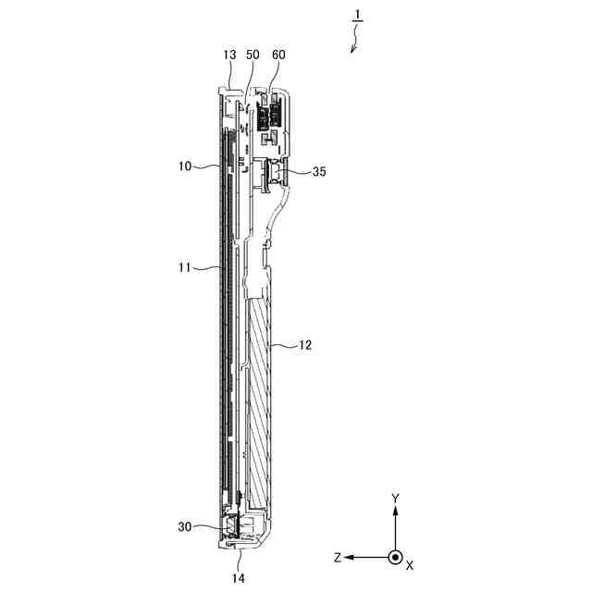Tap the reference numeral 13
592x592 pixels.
pos(230,55)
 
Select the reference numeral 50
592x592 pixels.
pos(253,55)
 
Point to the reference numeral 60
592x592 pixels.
pos(277,55)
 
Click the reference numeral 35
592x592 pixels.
pos(319,170)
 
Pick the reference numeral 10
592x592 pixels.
pos(184,166)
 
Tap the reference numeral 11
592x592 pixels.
pos(184,267)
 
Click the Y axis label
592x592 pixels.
pos(395,498)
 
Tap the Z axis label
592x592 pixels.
pos(339,558)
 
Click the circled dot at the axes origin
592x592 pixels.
pos(395,557)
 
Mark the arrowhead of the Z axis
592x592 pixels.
pos(352,557)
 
